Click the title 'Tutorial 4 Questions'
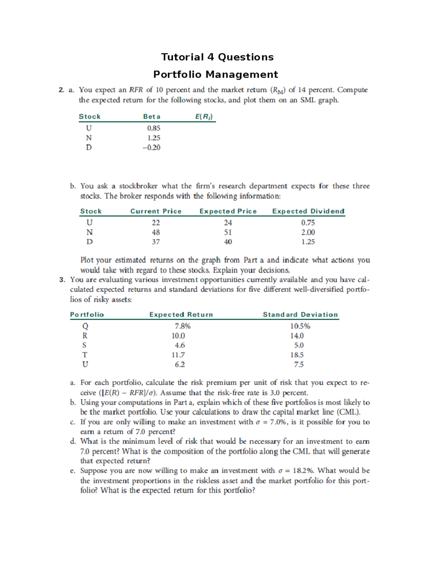[x=217, y=57]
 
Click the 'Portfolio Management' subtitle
[x=216, y=74]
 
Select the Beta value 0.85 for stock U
[x=154, y=128]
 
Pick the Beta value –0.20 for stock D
[x=152, y=148]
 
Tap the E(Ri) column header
[x=204, y=117]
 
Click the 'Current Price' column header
[x=156, y=211]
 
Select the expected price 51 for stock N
[x=228, y=232]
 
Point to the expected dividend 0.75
[x=308, y=223]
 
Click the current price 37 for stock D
[x=156, y=242]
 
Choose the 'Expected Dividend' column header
[x=308, y=211]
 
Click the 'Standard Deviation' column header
[x=300, y=315]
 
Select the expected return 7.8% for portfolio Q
[x=182, y=326]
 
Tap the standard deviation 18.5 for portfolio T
[x=297, y=355]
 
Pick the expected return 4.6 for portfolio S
[x=180, y=345]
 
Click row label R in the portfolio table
[x=85, y=336]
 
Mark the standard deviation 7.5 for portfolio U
[x=299, y=365]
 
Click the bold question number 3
[x=62, y=280]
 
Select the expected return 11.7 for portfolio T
[x=178, y=355]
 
